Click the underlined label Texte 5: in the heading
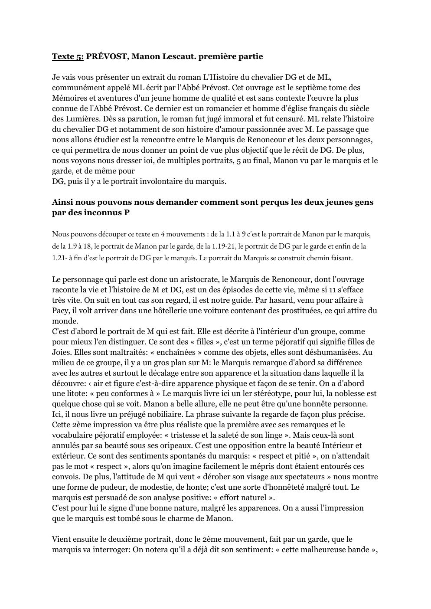click(x=68, y=57)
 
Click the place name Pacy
click(x=60, y=311)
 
